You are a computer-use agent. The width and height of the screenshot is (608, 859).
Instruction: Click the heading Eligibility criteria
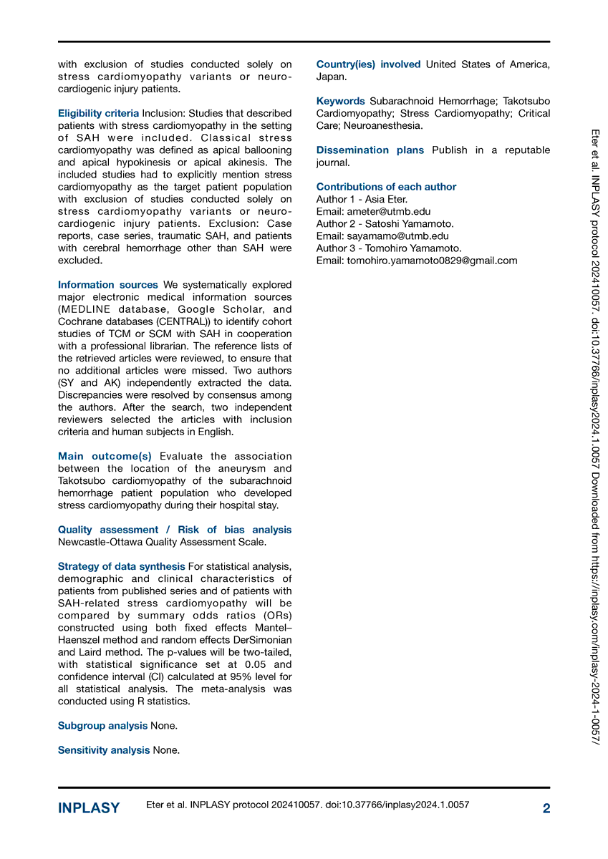[99, 113]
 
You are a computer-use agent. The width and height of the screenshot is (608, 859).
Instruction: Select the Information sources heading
[108, 285]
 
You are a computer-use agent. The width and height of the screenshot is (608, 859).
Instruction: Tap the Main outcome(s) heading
[105, 456]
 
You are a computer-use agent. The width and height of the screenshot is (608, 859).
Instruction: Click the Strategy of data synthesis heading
[121, 566]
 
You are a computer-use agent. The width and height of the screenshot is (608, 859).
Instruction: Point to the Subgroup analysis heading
[102, 726]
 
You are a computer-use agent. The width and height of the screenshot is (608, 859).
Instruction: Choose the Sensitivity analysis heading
[104, 750]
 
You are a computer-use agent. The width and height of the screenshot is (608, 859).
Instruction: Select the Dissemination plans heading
[370, 150]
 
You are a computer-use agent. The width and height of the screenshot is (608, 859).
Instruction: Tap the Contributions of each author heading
[386, 187]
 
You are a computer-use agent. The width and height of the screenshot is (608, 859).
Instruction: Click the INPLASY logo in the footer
[89, 808]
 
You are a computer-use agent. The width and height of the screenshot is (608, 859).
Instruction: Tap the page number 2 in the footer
[546, 808]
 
